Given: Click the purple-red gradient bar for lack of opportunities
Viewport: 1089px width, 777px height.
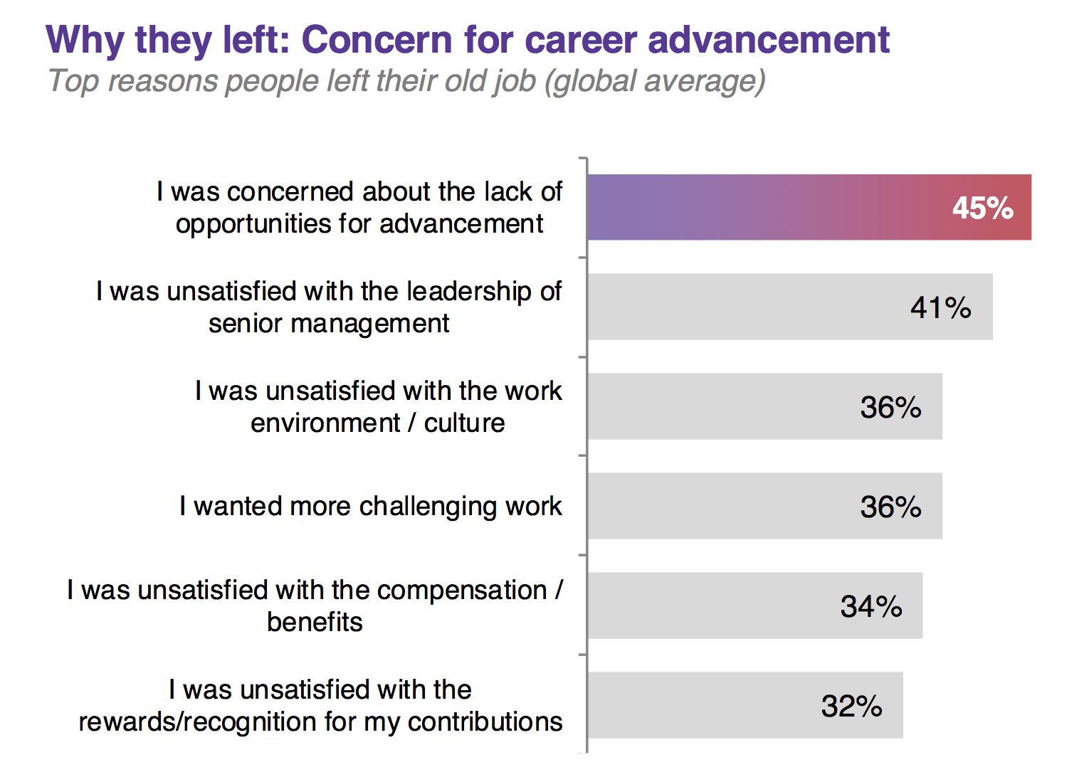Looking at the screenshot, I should point(769,207).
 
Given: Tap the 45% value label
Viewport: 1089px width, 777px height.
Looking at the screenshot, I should point(982,208).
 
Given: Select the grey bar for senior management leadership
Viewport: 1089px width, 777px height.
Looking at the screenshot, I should point(747,307).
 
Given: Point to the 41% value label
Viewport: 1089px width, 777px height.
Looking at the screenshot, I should point(940,307).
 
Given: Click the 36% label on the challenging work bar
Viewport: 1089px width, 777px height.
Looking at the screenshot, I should point(890,507).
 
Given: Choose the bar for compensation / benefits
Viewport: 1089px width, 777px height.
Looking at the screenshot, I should point(712,606).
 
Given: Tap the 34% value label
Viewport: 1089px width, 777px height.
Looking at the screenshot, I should point(870,606).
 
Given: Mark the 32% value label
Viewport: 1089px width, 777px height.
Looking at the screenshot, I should point(851,706).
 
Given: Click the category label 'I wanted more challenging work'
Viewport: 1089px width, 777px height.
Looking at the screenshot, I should point(370,506).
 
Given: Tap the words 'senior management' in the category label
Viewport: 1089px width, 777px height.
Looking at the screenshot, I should point(329,323).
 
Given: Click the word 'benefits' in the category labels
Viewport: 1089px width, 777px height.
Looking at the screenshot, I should point(315,622).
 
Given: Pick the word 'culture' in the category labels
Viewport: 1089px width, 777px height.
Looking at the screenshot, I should point(464,423).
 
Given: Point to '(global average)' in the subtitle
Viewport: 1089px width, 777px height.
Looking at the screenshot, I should point(655,81).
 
